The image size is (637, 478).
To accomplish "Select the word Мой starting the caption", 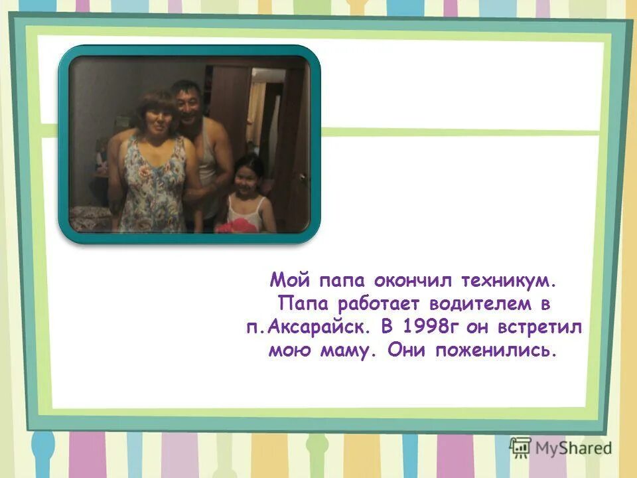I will pos(287,281).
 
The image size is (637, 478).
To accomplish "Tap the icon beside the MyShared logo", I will pos(521,447).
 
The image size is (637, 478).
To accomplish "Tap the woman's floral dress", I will pos(154,186).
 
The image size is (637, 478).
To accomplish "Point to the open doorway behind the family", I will pos(265,119).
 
